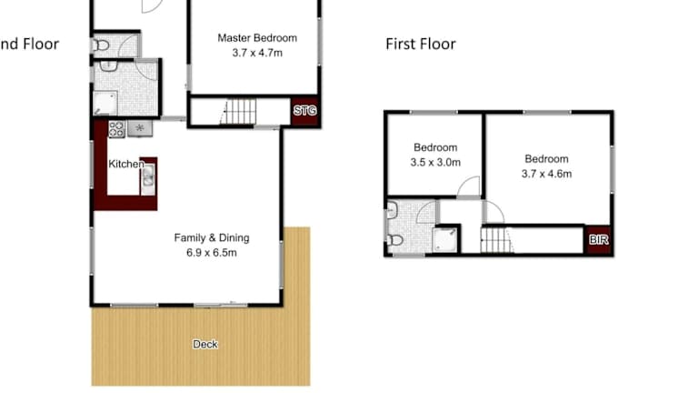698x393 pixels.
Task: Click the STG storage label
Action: click(305, 110)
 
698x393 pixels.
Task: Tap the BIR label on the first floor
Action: click(598, 240)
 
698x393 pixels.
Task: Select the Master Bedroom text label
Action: click(257, 38)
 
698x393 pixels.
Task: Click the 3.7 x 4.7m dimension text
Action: click(257, 53)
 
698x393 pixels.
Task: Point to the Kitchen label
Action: click(126, 164)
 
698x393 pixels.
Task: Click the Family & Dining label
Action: click(212, 238)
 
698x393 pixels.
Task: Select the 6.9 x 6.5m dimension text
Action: click(212, 253)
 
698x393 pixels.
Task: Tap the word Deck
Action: click(205, 344)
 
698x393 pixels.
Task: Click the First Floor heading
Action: click(421, 44)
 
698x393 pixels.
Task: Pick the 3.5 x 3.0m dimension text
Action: click(435, 163)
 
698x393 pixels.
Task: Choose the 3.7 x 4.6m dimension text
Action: click(546, 174)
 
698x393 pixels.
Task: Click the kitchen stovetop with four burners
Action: click(116, 129)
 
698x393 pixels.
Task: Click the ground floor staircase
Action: click(238, 111)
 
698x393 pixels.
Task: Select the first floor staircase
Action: click(497, 240)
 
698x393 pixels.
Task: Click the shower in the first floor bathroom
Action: click(445, 240)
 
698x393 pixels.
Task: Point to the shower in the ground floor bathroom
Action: click(105, 103)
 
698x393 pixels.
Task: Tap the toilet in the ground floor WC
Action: click(101, 45)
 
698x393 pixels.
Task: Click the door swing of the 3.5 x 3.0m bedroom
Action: click(469, 186)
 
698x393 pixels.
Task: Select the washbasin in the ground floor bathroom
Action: click(108, 65)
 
